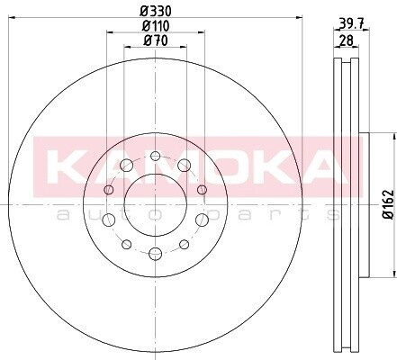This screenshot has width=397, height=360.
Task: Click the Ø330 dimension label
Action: (x=156, y=11)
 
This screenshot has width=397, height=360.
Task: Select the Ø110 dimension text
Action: (x=156, y=26)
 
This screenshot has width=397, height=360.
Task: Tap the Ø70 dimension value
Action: (x=156, y=40)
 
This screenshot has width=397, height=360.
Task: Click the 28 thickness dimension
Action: (x=346, y=40)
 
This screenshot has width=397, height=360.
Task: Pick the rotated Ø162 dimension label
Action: (x=389, y=204)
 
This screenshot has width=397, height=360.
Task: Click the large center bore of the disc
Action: (x=156, y=204)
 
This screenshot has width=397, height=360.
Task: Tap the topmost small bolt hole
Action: (x=155, y=156)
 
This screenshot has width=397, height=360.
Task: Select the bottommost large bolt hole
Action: (x=155, y=254)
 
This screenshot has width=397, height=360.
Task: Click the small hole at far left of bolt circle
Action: (x=109, y=190)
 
